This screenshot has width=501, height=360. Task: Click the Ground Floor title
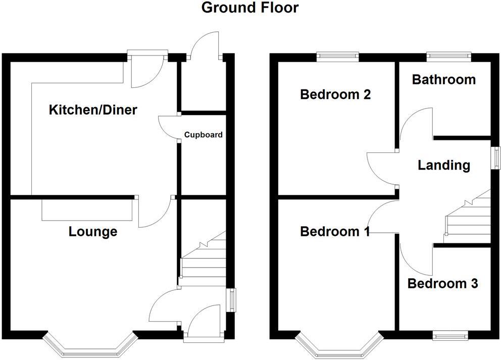(x=250, y=8)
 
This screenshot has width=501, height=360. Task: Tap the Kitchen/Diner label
(x=92, y=110)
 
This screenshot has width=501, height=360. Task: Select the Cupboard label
(x=203, y=135)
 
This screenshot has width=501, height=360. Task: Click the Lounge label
(x=93, y=232)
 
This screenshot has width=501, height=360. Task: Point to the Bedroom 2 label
(x=335, y=94)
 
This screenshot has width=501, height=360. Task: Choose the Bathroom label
(x=443, y=79)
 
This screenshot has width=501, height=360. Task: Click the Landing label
(x=443, y=165)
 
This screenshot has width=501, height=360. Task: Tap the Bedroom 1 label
(x=335, y=232)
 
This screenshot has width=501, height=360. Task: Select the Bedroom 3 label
(x=442, y=284)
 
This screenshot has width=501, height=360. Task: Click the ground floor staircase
(x=203, y=258)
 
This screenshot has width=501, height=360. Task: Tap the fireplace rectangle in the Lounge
(x=87, y=209)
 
